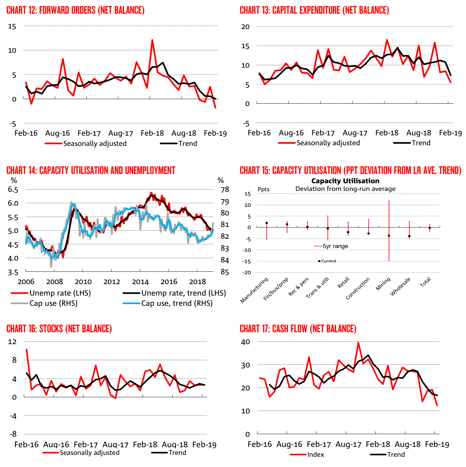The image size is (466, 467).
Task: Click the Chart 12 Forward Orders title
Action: (x=76, y=10)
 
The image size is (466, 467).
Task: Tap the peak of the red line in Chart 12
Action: (x=152, y=40)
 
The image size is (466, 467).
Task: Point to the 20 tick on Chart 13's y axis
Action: (x=245, y=27)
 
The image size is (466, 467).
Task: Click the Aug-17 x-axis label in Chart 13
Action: (x=355, y=133)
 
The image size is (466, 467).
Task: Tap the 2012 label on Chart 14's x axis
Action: (x=112, y=282)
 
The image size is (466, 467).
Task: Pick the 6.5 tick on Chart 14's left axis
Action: (x=13, y=190)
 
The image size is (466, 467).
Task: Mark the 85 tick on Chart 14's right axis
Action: (x=225, y=272)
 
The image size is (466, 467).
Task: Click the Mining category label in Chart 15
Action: (x=383, y=284)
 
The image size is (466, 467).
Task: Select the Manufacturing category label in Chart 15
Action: (x=254, y=290)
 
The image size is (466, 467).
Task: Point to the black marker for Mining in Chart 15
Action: (x=389, y=236)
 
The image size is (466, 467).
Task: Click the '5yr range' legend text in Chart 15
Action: (x=335, y=246)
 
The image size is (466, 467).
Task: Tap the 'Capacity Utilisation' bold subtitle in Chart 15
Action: (x=345, y=181)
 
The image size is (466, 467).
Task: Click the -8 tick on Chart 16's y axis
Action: (x=13, y=434)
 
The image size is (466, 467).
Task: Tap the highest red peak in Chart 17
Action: (x=358, y=343)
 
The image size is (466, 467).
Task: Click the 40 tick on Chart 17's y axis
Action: (x=245, y=342)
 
